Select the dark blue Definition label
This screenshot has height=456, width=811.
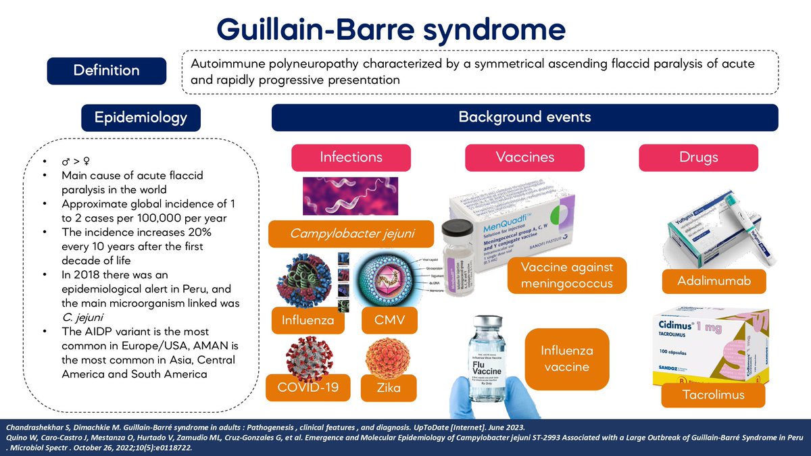point(107,70)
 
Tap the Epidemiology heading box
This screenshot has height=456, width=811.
point(141,118)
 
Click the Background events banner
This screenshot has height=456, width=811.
point(524,118)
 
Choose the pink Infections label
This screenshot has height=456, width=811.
point(351,157)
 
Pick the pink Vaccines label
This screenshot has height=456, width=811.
point(524,157)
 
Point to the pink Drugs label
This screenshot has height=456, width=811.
point(699,157)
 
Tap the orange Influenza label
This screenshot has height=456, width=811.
point(308,320)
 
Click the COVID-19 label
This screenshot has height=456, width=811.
point(308,387)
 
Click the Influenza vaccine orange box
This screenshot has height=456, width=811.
point(567,359)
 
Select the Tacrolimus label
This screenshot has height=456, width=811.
point(712,395)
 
